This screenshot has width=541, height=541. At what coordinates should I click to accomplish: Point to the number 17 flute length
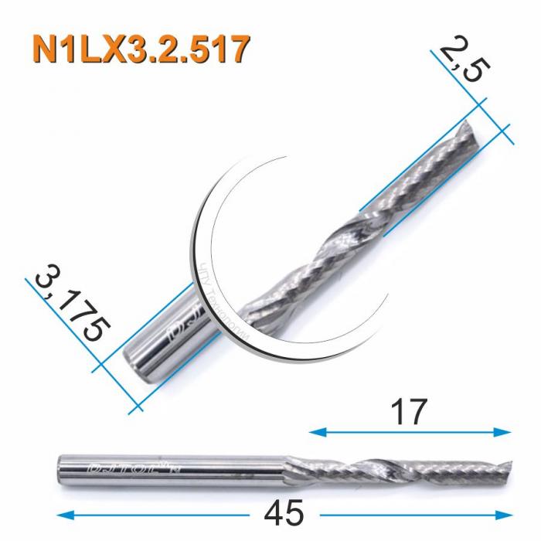pyautogui.click(x=409, y=413)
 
